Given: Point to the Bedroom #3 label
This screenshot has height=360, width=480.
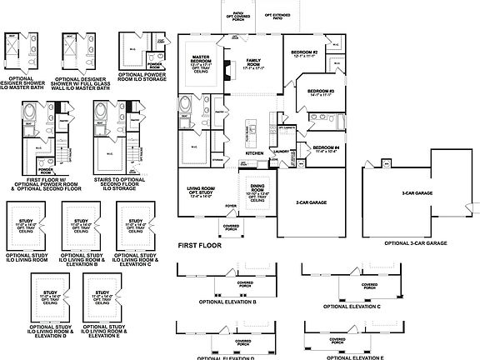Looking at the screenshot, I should [320, 92].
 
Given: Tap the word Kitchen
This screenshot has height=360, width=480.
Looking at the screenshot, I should [254, 153].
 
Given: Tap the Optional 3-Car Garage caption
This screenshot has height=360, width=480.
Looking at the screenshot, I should [416, 242].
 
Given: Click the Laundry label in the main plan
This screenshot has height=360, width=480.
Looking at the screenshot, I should [282, 152].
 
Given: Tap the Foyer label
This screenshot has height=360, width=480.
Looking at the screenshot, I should [231, 204].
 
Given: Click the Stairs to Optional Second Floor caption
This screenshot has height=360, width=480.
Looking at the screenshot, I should [112, 181].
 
